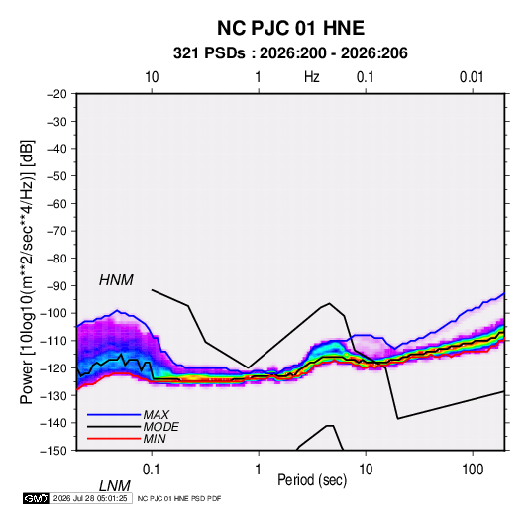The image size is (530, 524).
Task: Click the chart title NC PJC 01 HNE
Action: coord(290,28)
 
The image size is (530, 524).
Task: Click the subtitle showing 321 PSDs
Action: coord(290,53)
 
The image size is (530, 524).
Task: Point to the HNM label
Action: coord(116,280)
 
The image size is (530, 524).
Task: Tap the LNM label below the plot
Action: coord(114,486)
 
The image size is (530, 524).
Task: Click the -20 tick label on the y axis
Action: coord(56,94)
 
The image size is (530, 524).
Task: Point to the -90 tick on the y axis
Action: coord(56,286)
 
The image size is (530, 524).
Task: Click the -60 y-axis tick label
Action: coord(56,204)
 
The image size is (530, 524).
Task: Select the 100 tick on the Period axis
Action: coord(473,470)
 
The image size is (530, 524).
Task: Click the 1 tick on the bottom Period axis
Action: coord(259,470)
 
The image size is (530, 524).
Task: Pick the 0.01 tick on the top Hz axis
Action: coord(472,77)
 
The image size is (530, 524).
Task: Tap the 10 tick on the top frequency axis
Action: coord(152,77)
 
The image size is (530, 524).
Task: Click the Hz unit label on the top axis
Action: coord(312,77)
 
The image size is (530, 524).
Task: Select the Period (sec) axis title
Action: coord(312,480)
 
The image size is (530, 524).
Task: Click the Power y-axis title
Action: coord(27,271)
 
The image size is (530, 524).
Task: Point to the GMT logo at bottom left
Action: coord(36,498)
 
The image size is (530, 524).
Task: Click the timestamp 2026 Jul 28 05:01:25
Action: coord(90,498)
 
